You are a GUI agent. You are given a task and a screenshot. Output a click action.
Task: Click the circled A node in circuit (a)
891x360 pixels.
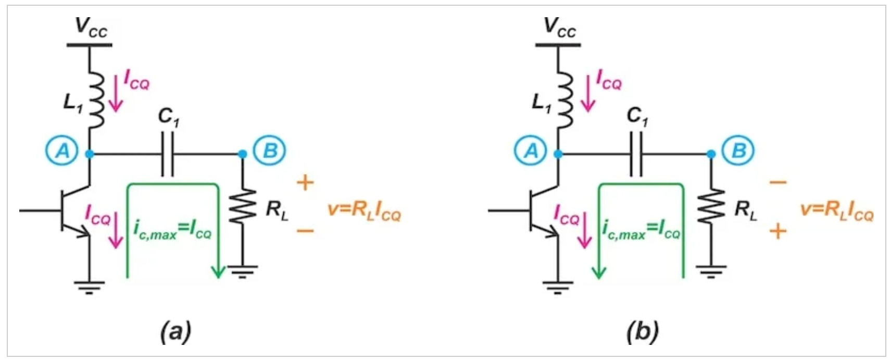[62, 151]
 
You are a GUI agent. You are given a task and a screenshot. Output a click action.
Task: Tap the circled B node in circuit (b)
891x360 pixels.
[739, 151]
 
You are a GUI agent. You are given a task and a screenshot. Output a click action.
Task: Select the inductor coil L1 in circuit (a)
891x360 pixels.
[95, 100]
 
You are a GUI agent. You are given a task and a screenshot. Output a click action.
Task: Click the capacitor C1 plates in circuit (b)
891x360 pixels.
[636, 154]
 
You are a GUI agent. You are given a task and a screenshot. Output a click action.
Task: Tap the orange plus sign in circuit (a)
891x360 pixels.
[306, 183]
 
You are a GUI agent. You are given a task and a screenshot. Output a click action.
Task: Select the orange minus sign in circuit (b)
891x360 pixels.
[778, 182]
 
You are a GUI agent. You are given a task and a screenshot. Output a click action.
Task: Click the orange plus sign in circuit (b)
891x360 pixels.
[778, 231]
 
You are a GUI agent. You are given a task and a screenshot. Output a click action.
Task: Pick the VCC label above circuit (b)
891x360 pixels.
[560, 27]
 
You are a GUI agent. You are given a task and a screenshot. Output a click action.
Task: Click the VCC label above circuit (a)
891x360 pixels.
[91, 27]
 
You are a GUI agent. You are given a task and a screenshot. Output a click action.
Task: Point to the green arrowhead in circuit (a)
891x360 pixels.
[218, 272]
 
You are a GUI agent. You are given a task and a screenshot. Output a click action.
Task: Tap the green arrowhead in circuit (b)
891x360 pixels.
[599, 272]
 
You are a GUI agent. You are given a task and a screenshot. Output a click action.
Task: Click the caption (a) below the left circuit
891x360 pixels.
[176, 331]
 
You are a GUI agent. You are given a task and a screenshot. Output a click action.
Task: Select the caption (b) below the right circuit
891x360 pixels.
[643, 331]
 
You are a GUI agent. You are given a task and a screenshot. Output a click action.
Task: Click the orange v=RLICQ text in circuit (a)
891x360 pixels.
[365, 211]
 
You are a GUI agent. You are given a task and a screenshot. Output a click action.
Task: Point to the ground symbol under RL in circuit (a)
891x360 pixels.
[243, 272]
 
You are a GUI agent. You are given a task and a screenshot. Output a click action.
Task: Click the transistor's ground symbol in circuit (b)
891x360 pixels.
[558, 288]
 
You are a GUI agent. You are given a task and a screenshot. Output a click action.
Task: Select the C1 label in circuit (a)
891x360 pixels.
[169, 118]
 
